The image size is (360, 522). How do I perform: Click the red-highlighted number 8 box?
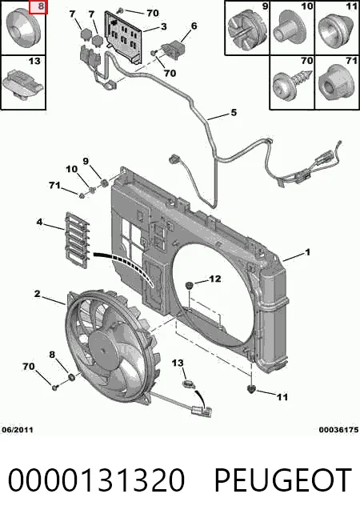38,7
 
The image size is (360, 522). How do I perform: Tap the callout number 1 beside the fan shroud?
307,252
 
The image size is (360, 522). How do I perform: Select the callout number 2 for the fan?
38,294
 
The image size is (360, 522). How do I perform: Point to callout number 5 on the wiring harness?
234,113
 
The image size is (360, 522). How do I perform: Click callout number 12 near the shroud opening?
214,279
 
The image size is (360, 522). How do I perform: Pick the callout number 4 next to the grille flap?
39,222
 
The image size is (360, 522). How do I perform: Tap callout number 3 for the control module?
163,26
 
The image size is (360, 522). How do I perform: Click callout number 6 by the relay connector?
194,26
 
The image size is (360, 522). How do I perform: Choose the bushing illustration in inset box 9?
246,30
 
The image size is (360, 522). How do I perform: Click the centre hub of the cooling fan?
103,350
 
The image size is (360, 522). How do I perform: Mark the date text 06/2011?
18,430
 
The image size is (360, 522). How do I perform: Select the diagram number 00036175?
338,430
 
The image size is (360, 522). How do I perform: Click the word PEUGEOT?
282,480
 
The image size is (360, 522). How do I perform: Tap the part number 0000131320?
96,480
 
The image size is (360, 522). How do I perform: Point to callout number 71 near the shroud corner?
55,185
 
